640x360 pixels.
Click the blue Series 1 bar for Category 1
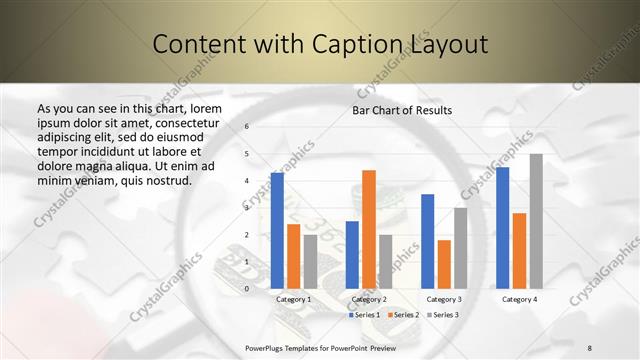point(277,230)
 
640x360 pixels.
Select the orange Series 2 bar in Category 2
point(369,229)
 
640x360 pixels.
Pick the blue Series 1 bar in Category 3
point(428,241)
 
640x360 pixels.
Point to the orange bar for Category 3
point(444,264)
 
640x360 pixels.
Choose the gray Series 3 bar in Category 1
point(310,261)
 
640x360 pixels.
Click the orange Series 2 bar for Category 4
point(519,250)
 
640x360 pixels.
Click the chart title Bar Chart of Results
point(403,110)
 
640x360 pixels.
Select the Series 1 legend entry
point(364,315)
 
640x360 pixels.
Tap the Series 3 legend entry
point(442,315)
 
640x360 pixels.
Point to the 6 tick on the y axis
point(247,127)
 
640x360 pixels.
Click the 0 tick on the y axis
point(247,289)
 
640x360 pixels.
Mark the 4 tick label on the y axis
point(247,181)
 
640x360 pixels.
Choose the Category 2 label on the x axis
point(369,299)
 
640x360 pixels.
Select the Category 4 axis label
point(519,299)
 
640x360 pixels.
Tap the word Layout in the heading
point(449,44)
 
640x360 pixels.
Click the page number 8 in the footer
point(590,347)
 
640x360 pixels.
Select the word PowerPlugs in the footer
point(268,347)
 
